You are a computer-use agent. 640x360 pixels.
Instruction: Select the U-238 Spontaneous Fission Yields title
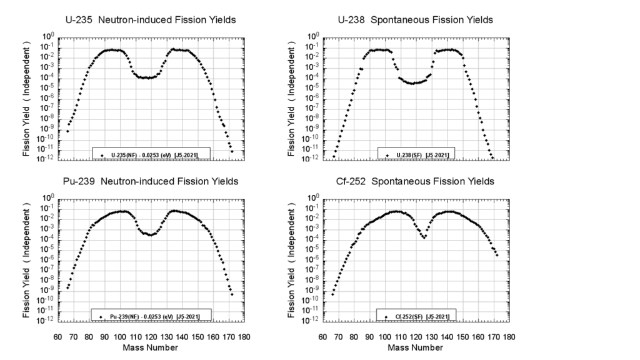(x=415, y=20)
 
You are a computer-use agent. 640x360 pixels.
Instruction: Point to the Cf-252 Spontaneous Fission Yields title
(x=416, y=181)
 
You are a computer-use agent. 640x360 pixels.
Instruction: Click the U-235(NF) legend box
(x=151, y=154)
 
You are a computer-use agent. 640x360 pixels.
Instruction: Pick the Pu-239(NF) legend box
(x=151, y=316)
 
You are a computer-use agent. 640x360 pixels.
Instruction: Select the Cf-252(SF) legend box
(x=417, y=316)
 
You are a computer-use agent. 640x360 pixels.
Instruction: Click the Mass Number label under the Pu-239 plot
(x=151, y=347)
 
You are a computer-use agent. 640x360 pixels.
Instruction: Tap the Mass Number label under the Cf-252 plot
(x=416, y=347)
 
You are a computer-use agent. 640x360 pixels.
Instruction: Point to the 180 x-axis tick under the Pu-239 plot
(x=244, y=336)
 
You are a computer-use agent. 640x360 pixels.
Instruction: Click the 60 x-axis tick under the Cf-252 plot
(x=322, y=336)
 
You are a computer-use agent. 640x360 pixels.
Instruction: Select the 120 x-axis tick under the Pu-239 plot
(x=151, y=336)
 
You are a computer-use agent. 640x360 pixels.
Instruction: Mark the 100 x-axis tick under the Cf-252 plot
(x=385, y=336)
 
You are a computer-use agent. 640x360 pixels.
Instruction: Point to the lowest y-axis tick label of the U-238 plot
(x=314, y=159)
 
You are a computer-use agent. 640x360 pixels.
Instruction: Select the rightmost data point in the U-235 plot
(x=232, y=151)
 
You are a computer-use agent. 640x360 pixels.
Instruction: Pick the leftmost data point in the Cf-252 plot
(x=332, y=294)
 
